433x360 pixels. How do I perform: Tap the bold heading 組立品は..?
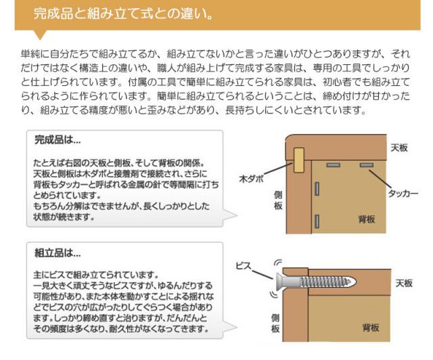click(58, 254)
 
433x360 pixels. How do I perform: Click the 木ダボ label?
click(252, 180)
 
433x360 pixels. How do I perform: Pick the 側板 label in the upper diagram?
click(277, 200)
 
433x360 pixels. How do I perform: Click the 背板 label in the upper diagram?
click(368, 219)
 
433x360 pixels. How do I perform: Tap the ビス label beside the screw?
click(244, 266)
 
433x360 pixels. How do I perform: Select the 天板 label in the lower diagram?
click(404, 283)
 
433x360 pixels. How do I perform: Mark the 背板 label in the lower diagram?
click(370, 328)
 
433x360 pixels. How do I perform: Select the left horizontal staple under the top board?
click(332, 165)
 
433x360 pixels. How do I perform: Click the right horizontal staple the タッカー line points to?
click(366, 165)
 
